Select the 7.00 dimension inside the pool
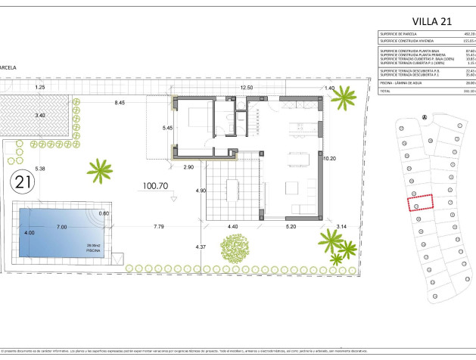coord(62,227)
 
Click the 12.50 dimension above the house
coord(247,88)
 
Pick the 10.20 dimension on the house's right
coord(329,159)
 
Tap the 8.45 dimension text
coord(120,102)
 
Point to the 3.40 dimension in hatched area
coord(40,115)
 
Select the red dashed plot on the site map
coord(421,202)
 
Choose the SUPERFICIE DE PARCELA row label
coord(401,34)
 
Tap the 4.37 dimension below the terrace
coord(201,247)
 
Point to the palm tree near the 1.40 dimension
coord(344,98)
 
